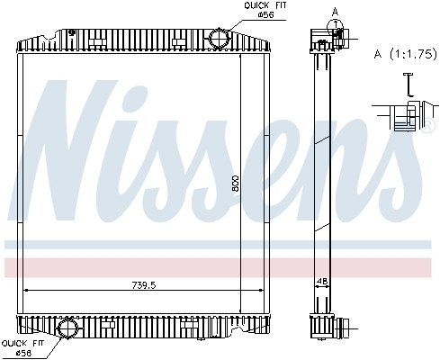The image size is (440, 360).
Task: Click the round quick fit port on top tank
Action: click(219, 39)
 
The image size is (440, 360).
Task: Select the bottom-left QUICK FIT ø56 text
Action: click(22, 347)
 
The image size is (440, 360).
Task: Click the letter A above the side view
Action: click(335, 12)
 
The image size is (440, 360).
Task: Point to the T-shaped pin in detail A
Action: click(407, 84)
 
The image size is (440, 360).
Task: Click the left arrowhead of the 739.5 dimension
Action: click(25, 290)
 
